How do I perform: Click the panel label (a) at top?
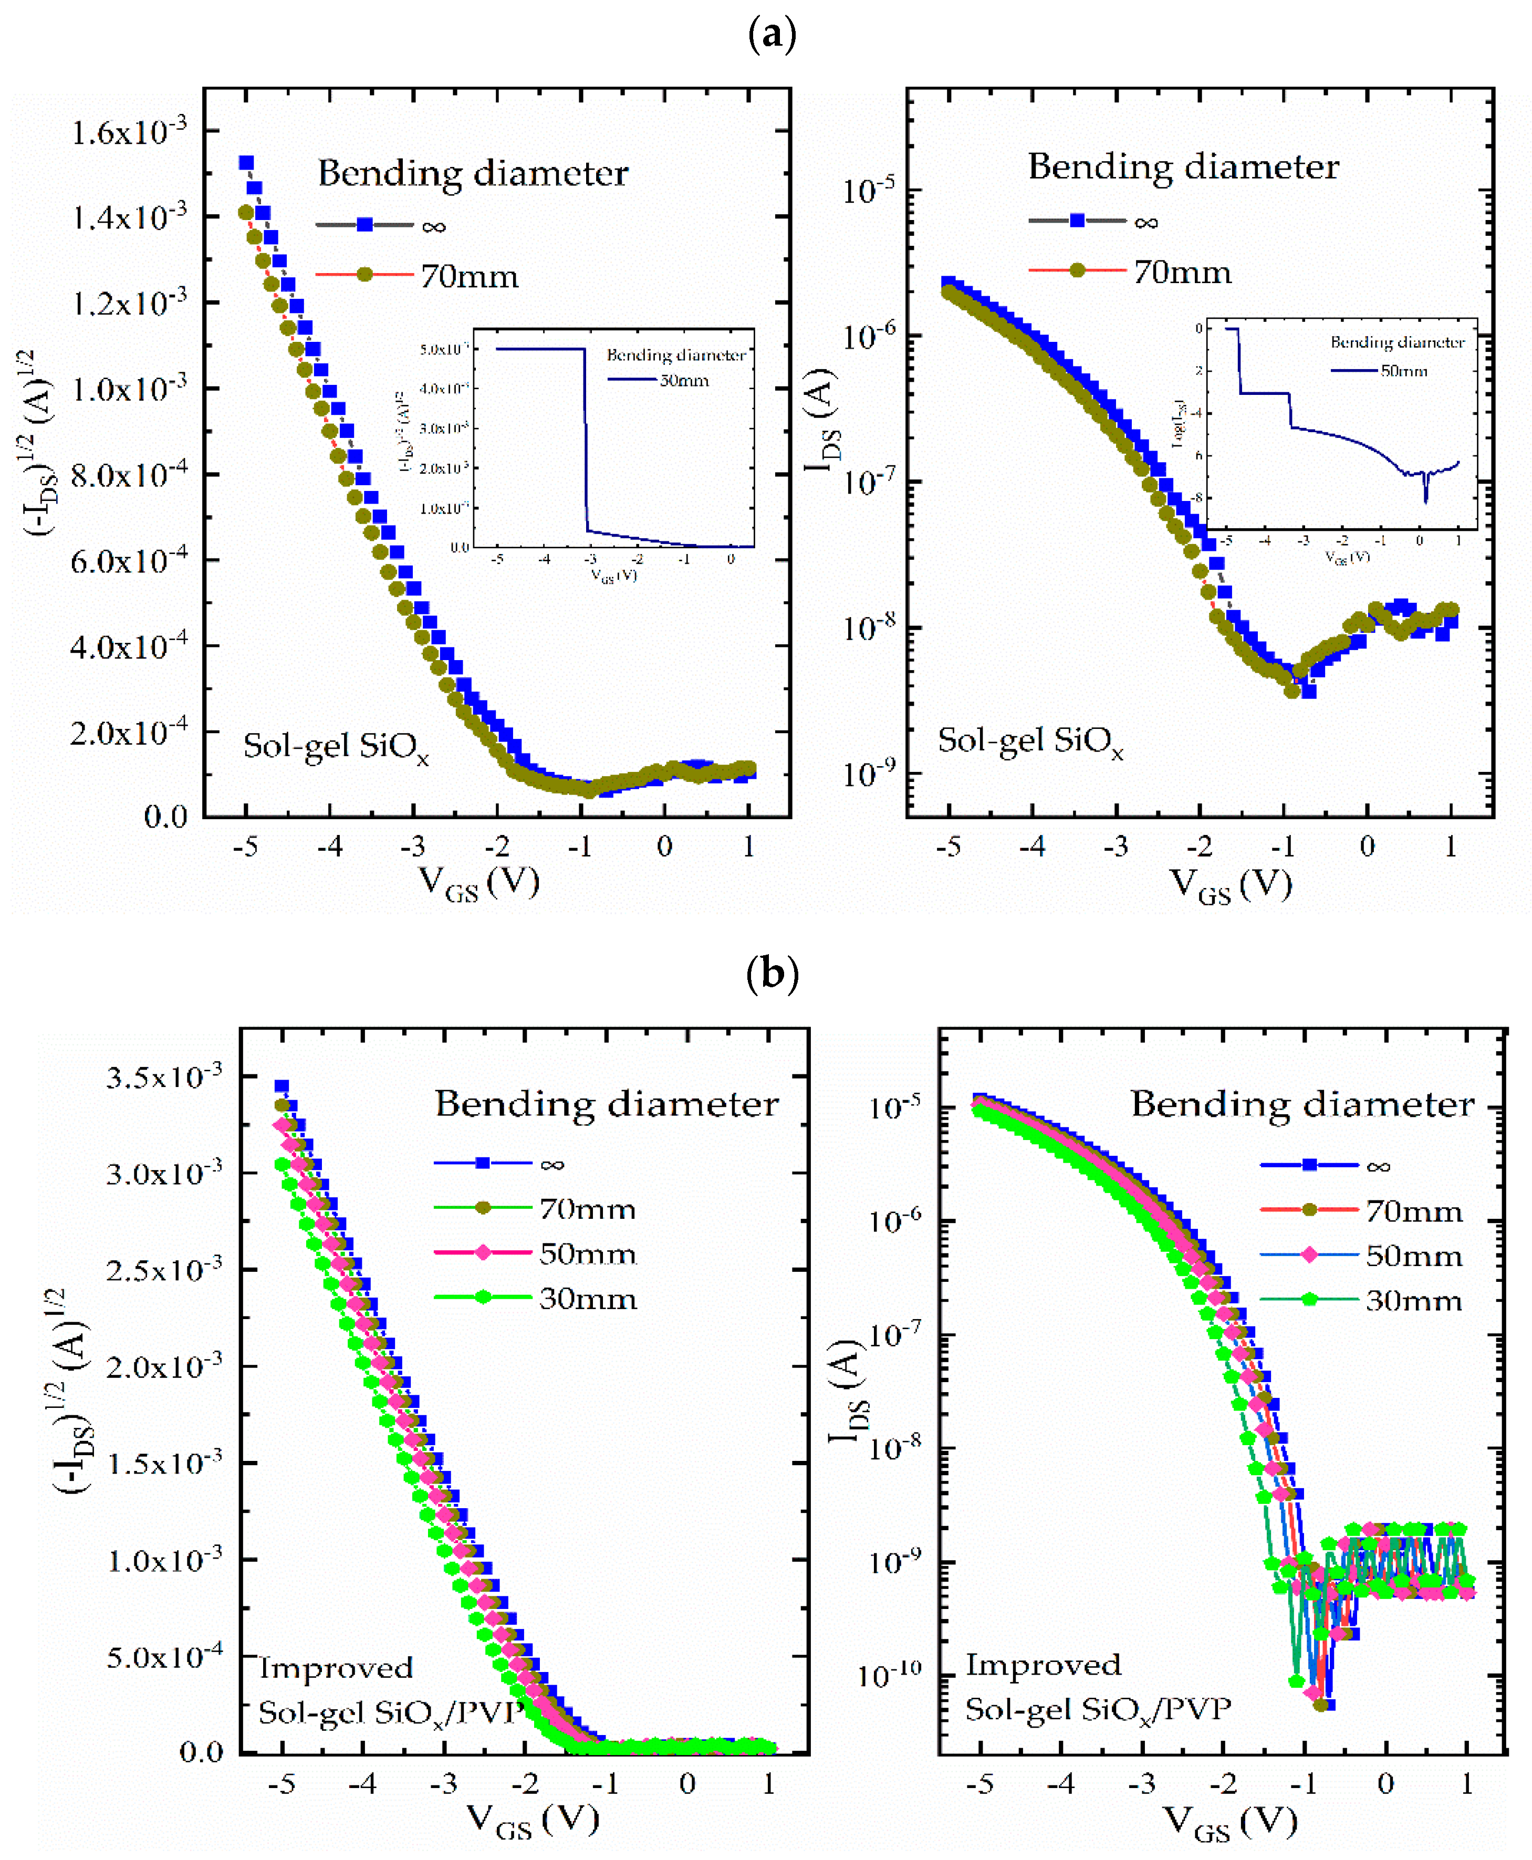tap(772, 35)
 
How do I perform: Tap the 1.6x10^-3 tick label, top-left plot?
tap(129, 132)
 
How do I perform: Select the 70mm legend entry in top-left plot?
tap(468, 276)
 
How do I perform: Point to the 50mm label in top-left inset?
tap(684, 380)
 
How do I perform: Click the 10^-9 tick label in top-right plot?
tap(868, 774)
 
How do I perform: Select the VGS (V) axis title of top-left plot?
tap(478, 882)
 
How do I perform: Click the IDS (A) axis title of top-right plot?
tap(821, 419)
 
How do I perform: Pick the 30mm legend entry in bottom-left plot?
tap(587, 1299)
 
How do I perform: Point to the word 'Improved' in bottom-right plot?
tap(1043, 1665)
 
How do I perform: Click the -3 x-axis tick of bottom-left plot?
tap(444, 1784)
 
